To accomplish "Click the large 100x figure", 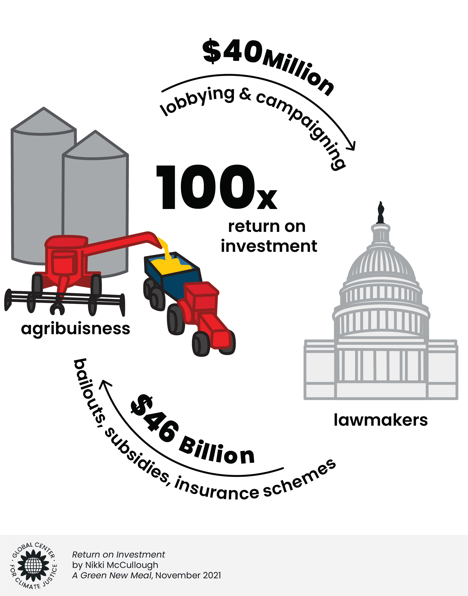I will pos(216,188).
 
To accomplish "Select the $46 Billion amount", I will pos(192,433).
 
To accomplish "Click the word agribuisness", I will pos(75,329).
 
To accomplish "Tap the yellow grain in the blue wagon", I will pos(173,263).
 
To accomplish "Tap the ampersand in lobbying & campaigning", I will pos(245,95).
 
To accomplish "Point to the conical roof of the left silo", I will pos(44,119).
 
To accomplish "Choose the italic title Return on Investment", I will pos(118,555).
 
